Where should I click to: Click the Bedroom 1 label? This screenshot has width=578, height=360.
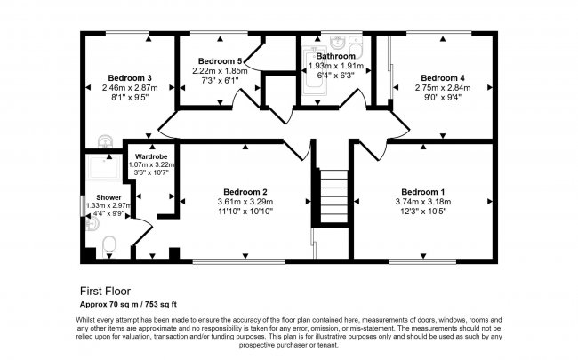coord(421,192)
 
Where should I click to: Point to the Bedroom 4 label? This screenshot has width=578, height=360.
coord(442,77)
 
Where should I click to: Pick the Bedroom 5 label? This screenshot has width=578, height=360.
coord(217,60)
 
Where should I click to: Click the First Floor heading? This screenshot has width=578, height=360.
coord(106,291)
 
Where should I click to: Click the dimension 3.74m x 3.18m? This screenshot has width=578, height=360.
coord(421,202)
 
